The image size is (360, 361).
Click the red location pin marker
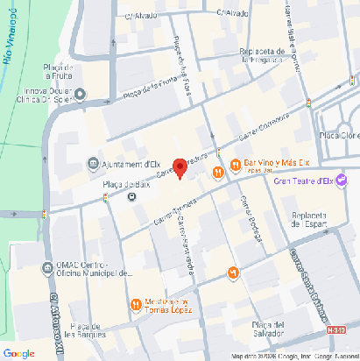[180, 167]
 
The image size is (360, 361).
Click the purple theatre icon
[341, 180]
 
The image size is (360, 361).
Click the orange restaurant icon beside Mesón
[135, 305]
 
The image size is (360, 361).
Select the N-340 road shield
[336, 330]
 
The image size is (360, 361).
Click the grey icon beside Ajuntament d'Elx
[93, 164]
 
